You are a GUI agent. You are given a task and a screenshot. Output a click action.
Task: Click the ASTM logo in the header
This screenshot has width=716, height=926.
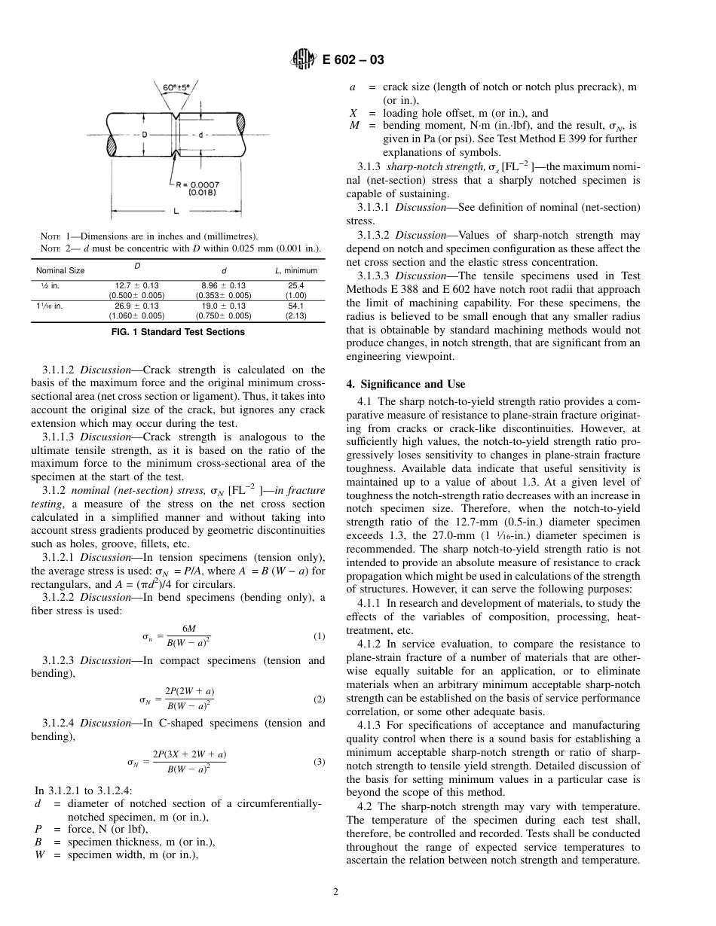302,61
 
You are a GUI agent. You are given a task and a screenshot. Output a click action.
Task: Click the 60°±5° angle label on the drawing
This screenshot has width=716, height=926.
176,87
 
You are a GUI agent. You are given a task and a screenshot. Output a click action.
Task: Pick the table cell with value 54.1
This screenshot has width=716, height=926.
295,306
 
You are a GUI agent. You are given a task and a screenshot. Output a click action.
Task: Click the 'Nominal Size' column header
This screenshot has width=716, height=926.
60,270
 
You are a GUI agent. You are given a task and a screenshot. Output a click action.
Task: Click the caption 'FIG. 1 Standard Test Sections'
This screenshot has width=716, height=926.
178,332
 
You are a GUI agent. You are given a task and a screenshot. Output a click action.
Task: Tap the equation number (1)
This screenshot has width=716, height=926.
319,636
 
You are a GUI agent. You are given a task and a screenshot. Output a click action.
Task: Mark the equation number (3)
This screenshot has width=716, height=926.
319,761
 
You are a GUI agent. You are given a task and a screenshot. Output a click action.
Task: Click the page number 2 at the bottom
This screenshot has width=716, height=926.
336,892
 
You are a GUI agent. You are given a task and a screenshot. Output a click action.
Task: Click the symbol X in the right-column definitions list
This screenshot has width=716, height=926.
353,113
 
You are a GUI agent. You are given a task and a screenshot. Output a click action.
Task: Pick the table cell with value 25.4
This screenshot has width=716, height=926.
295,285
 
